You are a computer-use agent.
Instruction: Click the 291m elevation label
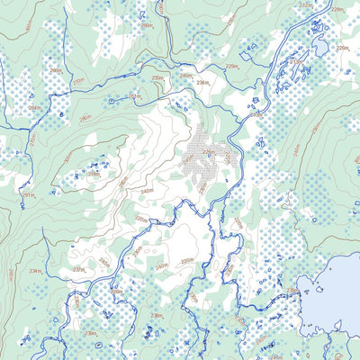coord(28,194)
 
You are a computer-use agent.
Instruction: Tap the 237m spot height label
coord(79,269)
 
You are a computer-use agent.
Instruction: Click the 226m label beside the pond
coord(342,47)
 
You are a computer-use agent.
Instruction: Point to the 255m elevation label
coord(157,79)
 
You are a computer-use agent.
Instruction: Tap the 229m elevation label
coord(231,66)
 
